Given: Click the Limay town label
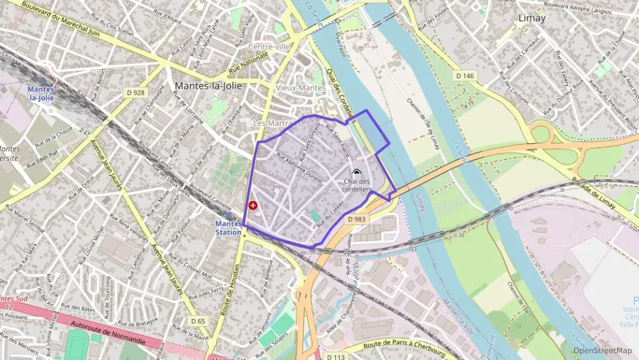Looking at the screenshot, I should click(532, 18).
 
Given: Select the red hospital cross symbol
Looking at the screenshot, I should click(253, 204).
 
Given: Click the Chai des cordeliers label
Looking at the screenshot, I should click(358, 184).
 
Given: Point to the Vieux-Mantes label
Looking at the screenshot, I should click(300, 88).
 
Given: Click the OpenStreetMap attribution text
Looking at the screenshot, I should click(602, 350).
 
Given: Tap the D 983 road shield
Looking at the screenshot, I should click(356, 219).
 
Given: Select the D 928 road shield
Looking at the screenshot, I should click(135, 92).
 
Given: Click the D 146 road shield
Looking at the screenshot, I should click(464, 76).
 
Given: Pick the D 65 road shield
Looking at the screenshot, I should click(198, 320).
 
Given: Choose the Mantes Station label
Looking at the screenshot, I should click(228, 227).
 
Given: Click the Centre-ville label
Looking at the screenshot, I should click(269, 46).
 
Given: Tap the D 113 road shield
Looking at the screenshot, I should click(335, 357).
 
